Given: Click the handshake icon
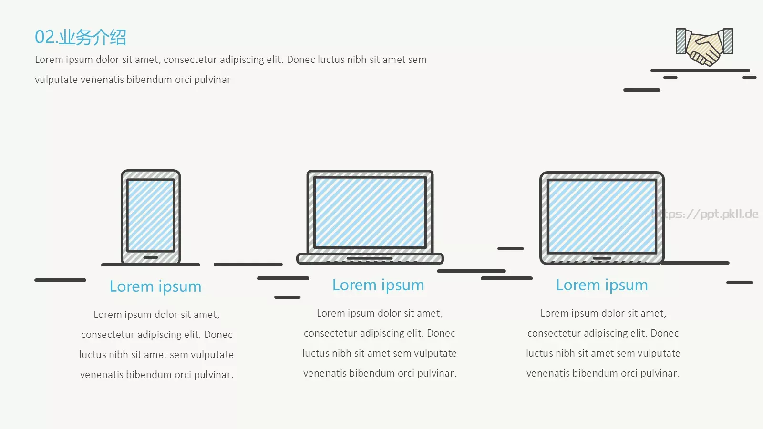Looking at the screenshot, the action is (x=704, y=47).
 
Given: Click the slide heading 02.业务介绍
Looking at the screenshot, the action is (x=81, y=37).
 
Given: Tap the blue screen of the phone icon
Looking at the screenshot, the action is (x=151, y=215).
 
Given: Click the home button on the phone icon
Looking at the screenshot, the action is (x=151, y=257).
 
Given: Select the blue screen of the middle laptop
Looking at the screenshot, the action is (x=370, y=213).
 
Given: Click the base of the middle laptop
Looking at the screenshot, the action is (x=370, y=259).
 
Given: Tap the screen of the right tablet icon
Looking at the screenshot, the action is (x=602, y=216).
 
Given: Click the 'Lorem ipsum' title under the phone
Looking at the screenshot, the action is (x=155, y=286).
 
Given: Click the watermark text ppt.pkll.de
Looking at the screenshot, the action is (x=705, y=214).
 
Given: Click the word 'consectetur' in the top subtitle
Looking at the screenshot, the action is (x=189, y=60).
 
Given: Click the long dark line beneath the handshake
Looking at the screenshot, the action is (x=701, y=71).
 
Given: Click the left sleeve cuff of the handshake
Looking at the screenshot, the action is (x=681, y=41).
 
